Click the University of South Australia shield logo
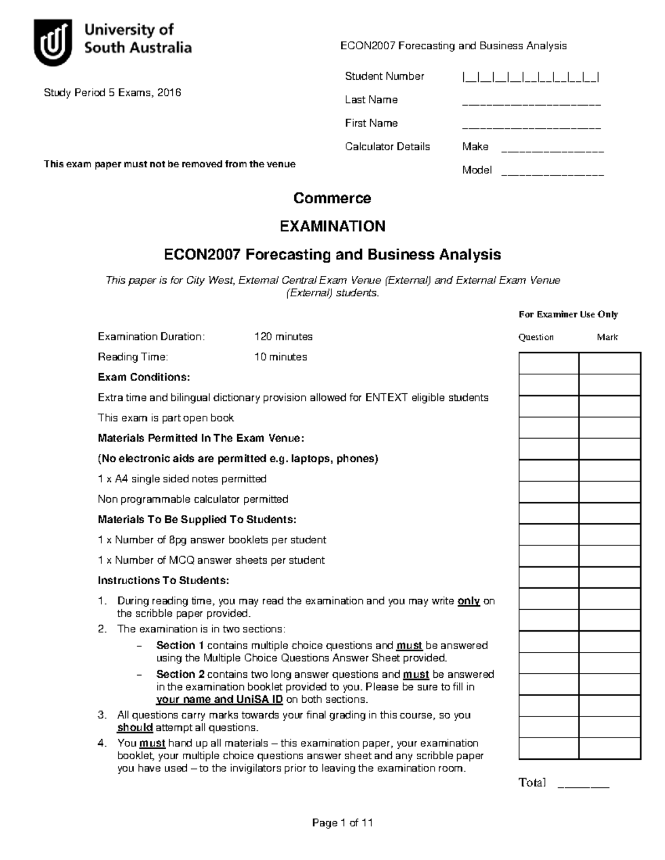tap(53, 42)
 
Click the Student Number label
tap(384, 76)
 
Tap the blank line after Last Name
tap(531, 103)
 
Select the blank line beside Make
tap(552, 150)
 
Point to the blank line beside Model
tap(552, 173)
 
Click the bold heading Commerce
tap(332, 198)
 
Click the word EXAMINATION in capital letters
tap(332, 226)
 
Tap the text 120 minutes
tap(283, 337)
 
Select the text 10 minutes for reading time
tap(280, 357)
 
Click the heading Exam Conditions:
tap(144, 377)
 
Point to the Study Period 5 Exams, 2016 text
tap(112, 93)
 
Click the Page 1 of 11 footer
tap(342, 823)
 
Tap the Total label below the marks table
tap(532, 782)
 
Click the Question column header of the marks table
tap(536, 337)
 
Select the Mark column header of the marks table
tap(607, 337)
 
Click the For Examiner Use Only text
tap(568, 315)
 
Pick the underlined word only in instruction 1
tap(468, 601)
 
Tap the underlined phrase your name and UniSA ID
tap(219, 699)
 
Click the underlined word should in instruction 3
tap(135, 728)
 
